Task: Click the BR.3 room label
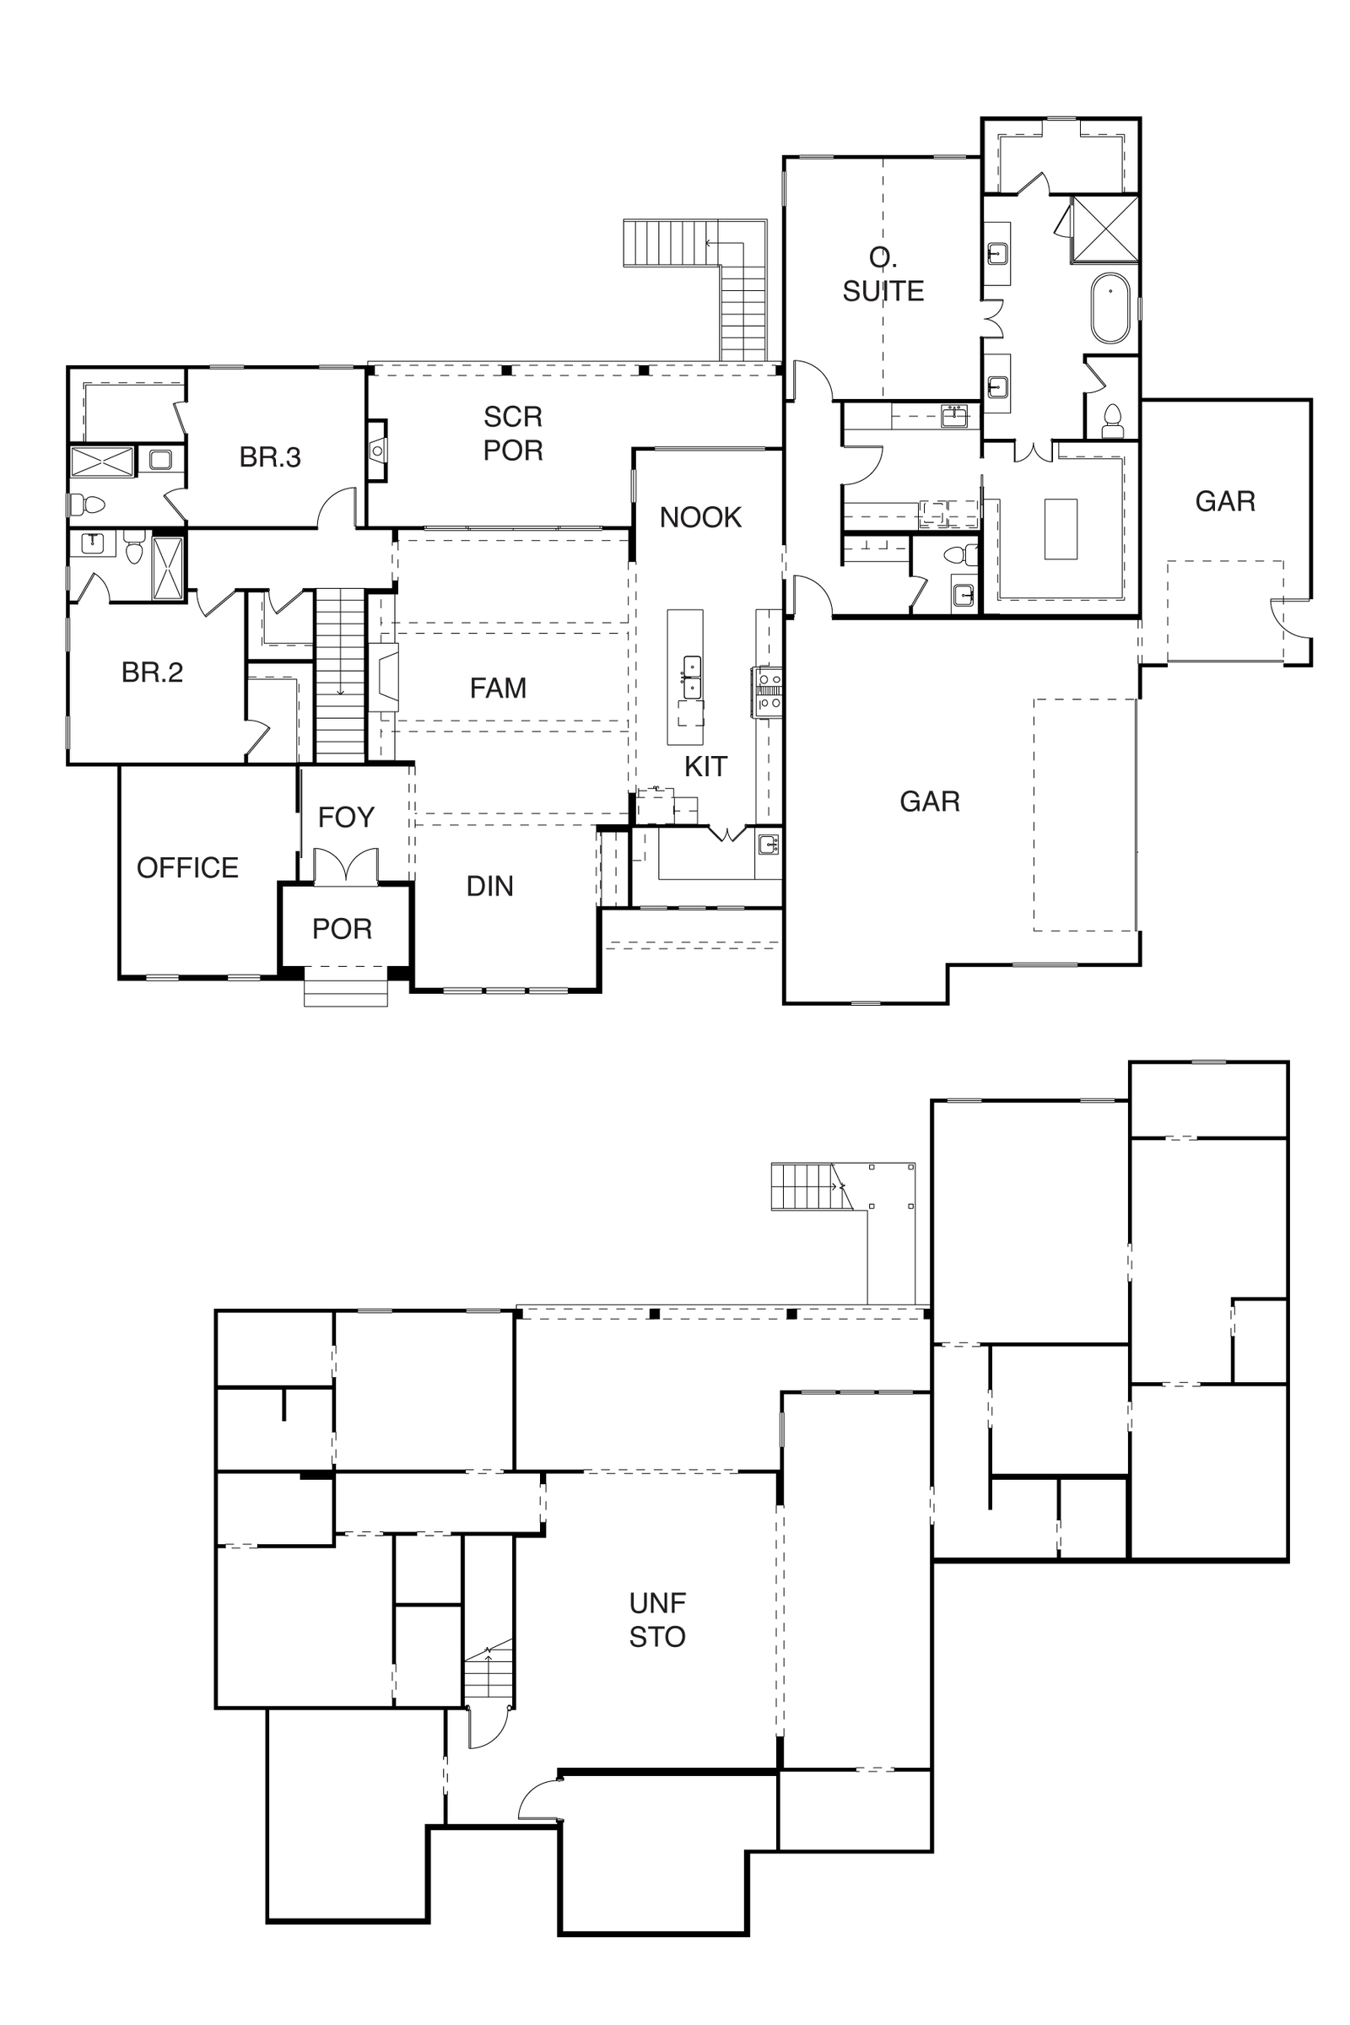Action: click(270, 457)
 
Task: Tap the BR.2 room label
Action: click(153, 672)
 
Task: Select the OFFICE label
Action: click(187, 868)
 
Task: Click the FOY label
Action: click(346, 817)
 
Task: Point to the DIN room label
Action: click(490, 886)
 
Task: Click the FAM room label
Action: click(499, 688)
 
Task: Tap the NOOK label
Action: click(701, 517)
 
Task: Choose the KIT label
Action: click(706, 766)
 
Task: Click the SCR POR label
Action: click(513, 433)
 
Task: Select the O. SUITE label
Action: click(883, 276)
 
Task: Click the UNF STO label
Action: click(657, 1619)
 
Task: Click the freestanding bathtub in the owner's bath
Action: click(1110, 309)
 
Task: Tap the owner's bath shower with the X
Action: click(1104, 228)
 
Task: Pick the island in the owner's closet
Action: click(1061, 529)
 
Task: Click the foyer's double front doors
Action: click(346, 867)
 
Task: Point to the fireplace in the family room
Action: click(384, 677)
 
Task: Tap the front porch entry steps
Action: click(346, 994)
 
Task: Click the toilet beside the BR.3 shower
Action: click(87, 504)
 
